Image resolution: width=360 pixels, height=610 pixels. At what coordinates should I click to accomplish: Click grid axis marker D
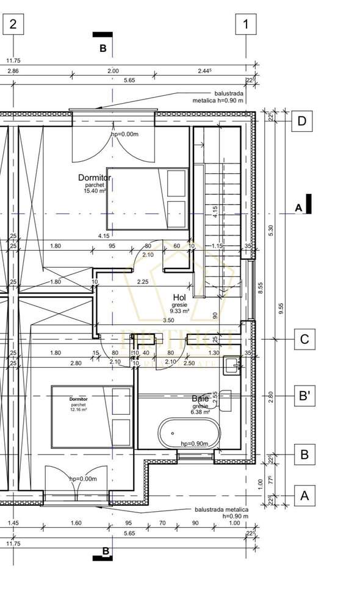(301, 121)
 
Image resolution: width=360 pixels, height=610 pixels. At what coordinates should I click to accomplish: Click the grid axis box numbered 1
(246, 24)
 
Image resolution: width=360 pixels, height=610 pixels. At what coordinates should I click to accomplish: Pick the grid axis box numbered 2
(14, 24)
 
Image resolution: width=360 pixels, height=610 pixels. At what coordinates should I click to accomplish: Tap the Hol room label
(179, 297)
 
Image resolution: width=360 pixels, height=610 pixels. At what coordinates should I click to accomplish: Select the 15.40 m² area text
(95, 191)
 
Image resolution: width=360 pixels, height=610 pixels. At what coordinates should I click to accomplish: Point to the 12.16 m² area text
(78, 410)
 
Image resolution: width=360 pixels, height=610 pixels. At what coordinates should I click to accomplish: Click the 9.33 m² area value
(179, 310)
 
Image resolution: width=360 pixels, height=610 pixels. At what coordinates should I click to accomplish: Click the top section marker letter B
(103, 48)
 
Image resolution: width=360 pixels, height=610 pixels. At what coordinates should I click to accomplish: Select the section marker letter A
(298, 208)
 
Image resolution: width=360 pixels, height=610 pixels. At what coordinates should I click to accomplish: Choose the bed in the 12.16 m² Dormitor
(92, 417)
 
